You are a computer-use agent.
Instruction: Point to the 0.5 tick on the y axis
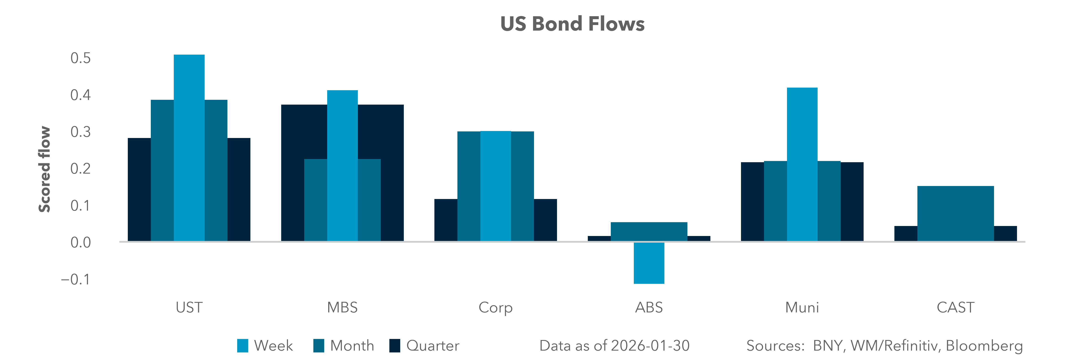click(x=80, y=58)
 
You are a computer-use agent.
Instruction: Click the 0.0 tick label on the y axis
click(x=80, y=243)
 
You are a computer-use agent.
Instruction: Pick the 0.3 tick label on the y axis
click(x=80, y=132)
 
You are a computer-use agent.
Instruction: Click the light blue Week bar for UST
click(x=189, y=147)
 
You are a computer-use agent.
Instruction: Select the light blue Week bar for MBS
click(x=342, y=166)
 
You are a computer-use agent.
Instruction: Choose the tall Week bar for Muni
click(x=802, y=163)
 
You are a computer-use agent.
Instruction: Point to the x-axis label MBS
click(x=342, y=308)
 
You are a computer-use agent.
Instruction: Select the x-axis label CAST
click(x=955, y=308)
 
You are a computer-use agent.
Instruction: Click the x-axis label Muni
click(x=802, y=308)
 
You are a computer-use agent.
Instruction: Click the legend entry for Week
click(x=265, y=346)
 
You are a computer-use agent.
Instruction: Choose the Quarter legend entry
click(x=424, y=346)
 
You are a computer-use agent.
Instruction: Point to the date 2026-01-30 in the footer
click(x=650, y=346)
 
